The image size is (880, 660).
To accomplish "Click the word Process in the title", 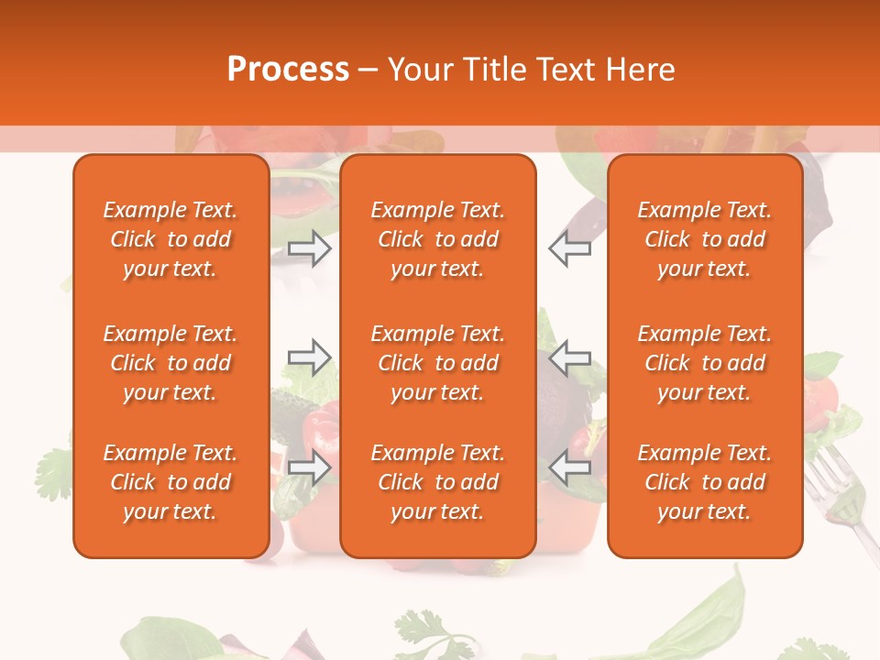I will click(288, 70).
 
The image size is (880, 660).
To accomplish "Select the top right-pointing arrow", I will click(309, 248).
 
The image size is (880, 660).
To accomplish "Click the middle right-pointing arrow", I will click(309, 357).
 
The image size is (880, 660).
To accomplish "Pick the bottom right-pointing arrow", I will click(309, 467).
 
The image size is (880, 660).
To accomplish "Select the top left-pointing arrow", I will click(570, 248).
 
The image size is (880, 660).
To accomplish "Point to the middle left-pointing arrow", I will click(570, 357).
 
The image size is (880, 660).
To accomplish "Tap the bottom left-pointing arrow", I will click(570, 467).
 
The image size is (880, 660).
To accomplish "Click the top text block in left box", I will click(170, 239).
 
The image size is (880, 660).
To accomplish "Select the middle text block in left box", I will click(170, 363).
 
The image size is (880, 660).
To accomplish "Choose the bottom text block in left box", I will click(170, 482).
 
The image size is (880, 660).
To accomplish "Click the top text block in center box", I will click(437, 239).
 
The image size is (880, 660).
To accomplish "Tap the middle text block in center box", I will click(437, 363).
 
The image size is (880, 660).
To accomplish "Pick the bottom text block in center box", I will click(437, 482).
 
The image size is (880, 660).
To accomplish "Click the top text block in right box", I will click(705, 239).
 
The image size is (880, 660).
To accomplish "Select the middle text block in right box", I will click(705, 363).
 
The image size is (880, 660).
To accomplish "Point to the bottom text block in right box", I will click(705, 482).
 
